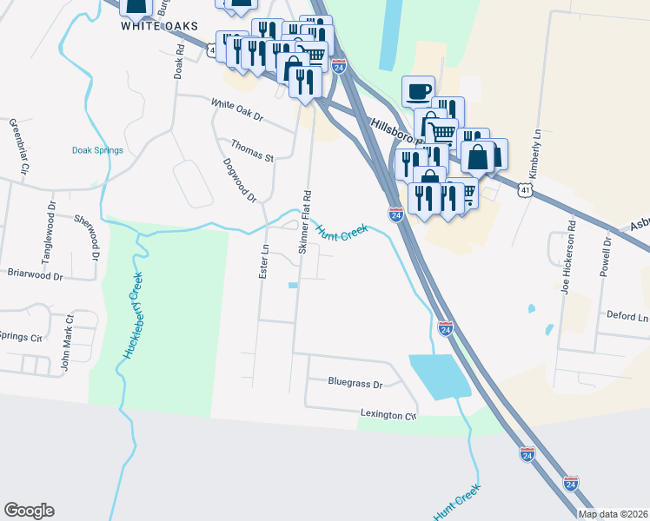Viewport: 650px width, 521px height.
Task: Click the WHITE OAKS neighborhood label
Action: coord(165,26)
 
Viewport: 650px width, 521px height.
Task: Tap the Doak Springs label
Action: coord(97,150)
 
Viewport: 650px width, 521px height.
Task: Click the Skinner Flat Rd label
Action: coord(305,221)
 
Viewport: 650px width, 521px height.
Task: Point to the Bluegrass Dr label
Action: coord(355,382)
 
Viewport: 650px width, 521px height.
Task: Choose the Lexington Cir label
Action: coord(388,416)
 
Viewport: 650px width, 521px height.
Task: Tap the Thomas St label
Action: coord(252,151)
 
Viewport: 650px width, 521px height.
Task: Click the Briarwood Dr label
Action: coord(35,276)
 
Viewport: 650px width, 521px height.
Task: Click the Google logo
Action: coord(30,511)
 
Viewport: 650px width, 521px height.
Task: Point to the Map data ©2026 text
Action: coord(613,514)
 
